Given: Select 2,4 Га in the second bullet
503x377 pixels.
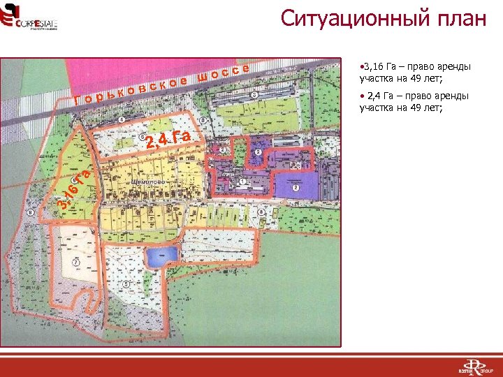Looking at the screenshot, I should [381, 96].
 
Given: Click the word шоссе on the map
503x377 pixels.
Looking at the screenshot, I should [223, 73].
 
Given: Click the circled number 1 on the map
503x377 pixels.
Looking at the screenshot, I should [242, 182].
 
